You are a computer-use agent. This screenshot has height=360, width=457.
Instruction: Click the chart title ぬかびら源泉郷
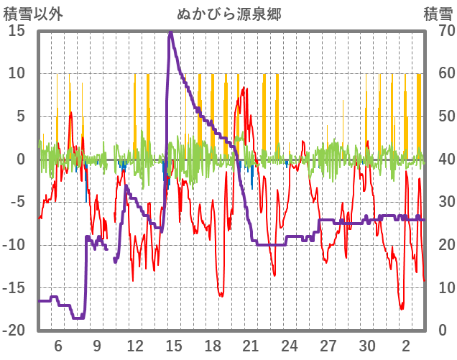(x=228, y=14)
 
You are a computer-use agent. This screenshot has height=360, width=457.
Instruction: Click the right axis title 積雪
(x=437, y=14)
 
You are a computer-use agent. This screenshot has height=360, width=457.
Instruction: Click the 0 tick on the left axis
(x=21, y=159)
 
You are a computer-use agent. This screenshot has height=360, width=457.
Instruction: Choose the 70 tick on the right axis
(x=437, y=31)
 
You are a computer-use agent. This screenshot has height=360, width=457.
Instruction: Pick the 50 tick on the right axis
(x=437, y=116)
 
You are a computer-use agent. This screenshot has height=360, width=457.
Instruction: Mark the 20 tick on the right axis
(x=437, y=245)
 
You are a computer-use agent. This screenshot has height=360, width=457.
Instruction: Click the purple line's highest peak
(x=170, y=32)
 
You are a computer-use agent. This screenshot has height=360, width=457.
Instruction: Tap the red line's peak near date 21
(x=245, y=88)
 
